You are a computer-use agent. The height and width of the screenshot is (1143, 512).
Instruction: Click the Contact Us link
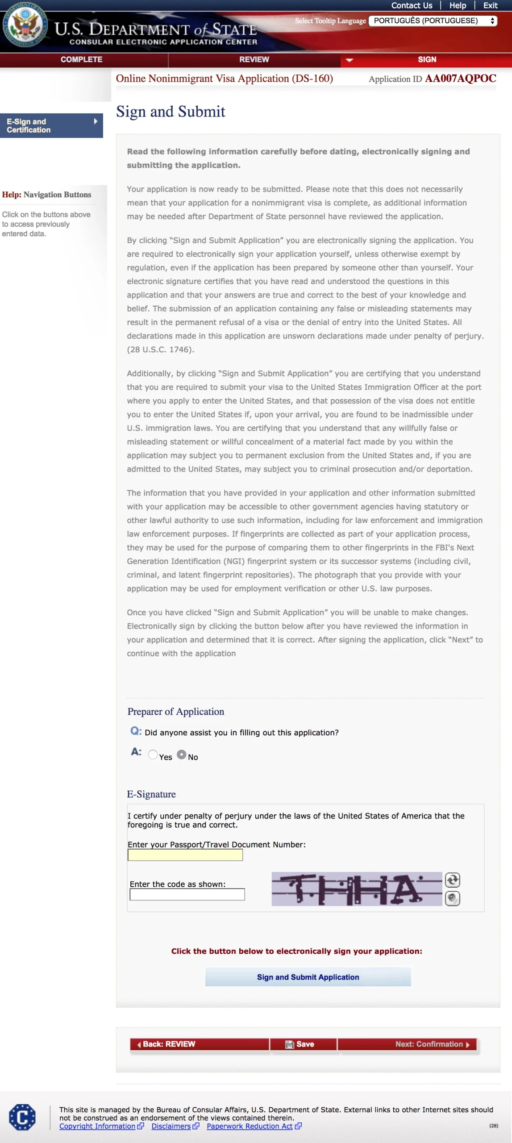point(412,5)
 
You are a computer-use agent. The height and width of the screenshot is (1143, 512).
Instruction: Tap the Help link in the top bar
point(458,5)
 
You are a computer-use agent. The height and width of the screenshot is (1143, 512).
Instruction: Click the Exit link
point(490,5)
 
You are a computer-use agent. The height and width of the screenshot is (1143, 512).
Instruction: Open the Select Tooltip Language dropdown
point(433,21)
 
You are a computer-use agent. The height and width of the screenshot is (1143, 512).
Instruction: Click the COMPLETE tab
point(82,59)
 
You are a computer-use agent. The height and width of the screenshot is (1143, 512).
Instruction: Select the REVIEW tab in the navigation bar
point(254,59)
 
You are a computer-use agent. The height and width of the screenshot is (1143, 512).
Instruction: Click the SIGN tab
point(427,59)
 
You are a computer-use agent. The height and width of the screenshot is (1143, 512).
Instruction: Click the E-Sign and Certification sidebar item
point(51,125)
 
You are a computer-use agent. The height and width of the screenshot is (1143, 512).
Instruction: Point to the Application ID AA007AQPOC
point(460,79)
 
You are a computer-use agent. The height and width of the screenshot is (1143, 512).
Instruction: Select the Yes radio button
point(153,754)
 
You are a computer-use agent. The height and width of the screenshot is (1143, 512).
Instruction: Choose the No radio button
point(182,754)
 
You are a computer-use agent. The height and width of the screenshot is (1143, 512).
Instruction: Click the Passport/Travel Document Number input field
point(185,855)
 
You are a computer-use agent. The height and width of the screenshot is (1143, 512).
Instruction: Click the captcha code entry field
point(187,894)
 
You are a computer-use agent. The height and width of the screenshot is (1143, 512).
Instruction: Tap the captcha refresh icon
point(452,880)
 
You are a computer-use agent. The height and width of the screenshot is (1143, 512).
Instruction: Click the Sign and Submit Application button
point(308,976)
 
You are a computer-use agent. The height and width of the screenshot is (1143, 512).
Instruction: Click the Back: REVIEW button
point(200,1044)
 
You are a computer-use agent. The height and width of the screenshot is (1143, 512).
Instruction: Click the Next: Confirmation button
point(407,1044)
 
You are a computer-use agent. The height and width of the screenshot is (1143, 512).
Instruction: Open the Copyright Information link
point(97,1126)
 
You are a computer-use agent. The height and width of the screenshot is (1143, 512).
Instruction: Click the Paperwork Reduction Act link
point(250,1126)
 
